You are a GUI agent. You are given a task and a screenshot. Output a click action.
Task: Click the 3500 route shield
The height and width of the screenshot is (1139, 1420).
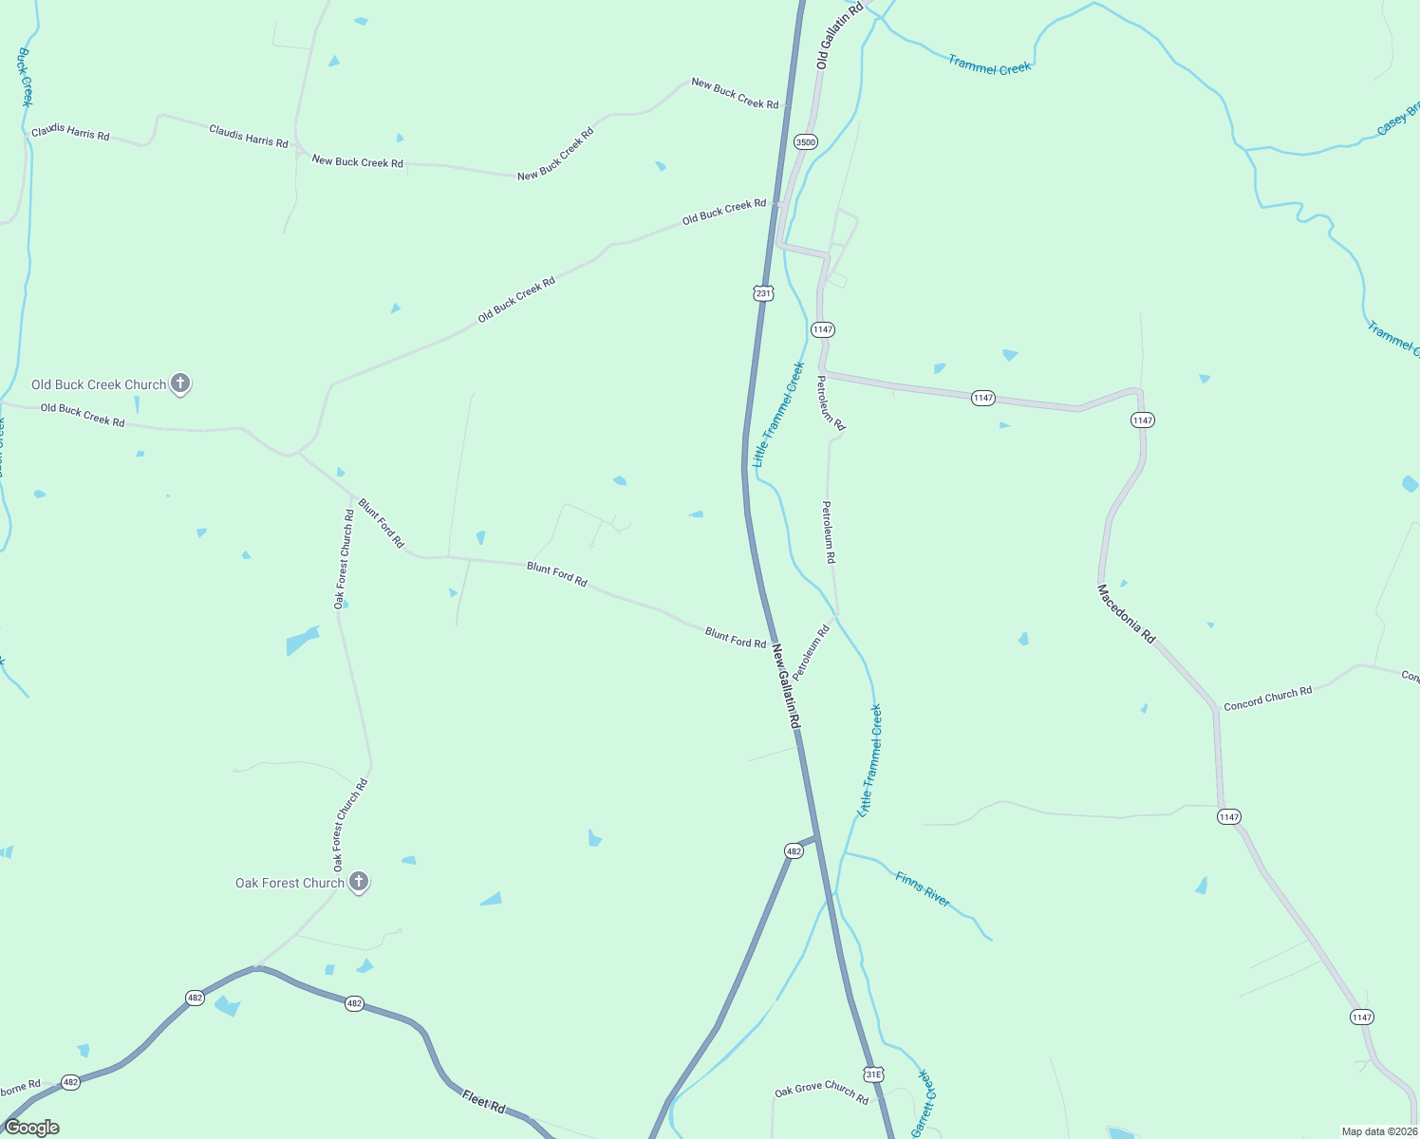click(805, 142)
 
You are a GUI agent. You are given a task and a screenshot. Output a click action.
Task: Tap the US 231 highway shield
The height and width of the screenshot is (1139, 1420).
click(764, 293)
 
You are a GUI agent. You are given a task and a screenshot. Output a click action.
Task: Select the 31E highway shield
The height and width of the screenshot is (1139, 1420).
click(873, 1074)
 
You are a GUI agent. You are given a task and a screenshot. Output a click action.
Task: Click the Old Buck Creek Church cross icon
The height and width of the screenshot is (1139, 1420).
click(180, 383)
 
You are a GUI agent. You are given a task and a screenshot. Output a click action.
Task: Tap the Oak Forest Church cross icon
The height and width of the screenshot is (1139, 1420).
click(358, 882)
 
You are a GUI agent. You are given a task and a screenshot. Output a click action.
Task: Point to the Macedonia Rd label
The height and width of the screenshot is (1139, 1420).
click(1127, 614)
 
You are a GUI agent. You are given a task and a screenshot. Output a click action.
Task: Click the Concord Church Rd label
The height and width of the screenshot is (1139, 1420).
click(1267, 698)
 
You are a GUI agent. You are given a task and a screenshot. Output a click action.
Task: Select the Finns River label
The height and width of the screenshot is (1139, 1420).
click(923, 889)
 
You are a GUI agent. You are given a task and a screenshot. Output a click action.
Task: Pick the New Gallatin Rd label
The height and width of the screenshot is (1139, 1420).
click(786, 686)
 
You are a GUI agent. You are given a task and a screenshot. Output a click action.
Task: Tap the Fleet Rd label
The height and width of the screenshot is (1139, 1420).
click(484, 1101)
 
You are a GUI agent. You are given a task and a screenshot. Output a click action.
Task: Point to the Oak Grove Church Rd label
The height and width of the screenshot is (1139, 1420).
click(821, 1092)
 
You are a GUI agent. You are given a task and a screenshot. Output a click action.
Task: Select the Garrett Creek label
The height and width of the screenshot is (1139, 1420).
click(923, 1103)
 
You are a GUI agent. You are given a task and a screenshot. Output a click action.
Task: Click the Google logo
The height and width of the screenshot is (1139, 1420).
click(32, 1128)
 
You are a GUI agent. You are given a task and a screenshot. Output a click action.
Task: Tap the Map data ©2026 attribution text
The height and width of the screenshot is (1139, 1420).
click(1379, 1131)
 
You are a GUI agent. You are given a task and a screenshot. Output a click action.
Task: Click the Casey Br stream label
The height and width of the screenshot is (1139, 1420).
click(1398, 119)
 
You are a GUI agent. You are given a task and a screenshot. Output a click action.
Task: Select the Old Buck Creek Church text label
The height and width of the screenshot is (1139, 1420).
click(99, 384)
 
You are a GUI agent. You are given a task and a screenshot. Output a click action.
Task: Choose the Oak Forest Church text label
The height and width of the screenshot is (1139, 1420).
click(290, 883)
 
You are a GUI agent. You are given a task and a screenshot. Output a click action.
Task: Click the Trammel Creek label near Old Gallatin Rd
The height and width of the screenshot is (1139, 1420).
click(989, 65)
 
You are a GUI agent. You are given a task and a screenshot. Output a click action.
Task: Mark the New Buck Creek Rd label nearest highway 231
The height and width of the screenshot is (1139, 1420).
click(735, 93)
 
